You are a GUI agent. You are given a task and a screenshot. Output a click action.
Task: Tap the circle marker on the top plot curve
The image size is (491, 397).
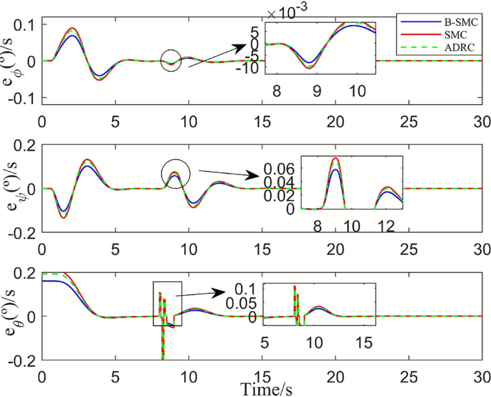(171, 61)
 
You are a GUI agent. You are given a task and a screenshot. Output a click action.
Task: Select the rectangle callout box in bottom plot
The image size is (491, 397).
(168, 304)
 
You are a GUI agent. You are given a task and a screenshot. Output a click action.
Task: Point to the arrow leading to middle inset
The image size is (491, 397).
(228, 174)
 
